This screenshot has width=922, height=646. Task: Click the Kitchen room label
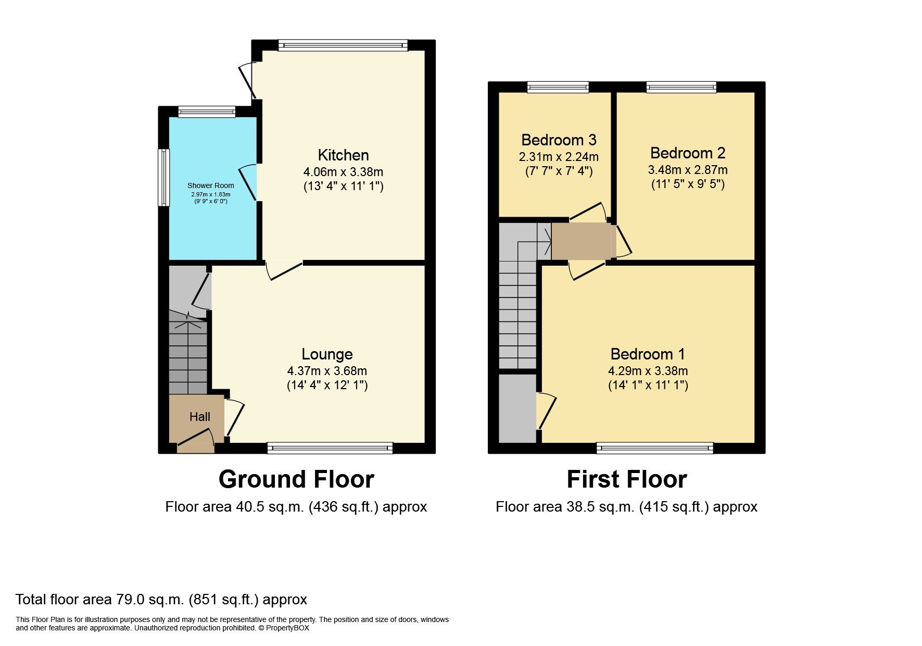click(x=343, y=155)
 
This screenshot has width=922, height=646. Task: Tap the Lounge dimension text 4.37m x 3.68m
click(x=327, y=371)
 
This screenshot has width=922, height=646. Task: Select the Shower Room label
click(x=210, y=185)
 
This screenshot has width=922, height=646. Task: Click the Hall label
click(x=200, y=417)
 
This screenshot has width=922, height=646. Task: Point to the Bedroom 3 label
click(x=559, y=140)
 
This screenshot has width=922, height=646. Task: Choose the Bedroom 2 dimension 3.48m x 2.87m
click(x=687, y=170)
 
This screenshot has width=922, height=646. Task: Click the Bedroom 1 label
click(x=648, y=354)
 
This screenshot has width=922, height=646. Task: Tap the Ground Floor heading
click(x=296, y=479)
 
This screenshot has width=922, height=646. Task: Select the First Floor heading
click(x=626, y=479)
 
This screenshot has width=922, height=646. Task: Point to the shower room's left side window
click(x=164, y=177)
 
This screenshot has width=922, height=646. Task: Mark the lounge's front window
click(x=330, y=448)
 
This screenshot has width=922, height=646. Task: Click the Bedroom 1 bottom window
click(x=654, y=448)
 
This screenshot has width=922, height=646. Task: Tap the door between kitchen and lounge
click(x=284, y=270)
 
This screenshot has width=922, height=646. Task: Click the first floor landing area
click(x=581, y=241)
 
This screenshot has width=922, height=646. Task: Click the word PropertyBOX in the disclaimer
click(x=287, y=628)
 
